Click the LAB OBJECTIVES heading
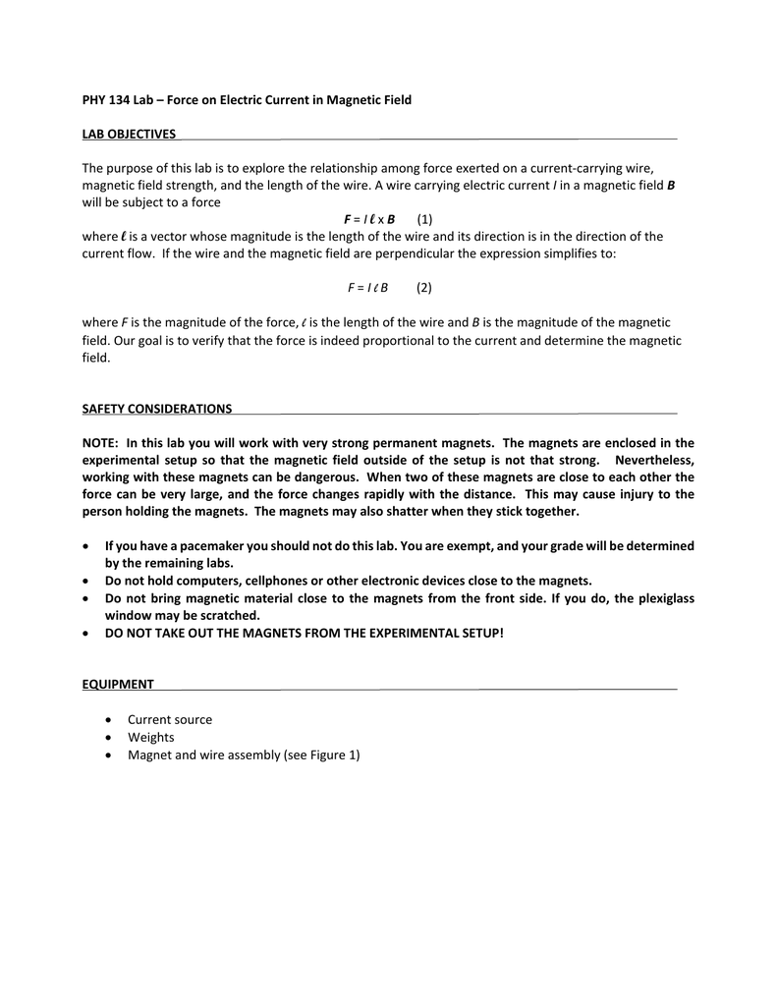pos(129,134)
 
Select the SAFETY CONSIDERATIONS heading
pos(157,408)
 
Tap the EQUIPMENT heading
pos(118,684)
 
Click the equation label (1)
pos(424,218)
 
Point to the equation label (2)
pos(423,288)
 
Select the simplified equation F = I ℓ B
pos(367,288)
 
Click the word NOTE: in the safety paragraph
pos(100,442)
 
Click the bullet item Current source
pos(170,719)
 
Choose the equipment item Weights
pos(151,737)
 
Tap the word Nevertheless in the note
pos(654,460)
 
